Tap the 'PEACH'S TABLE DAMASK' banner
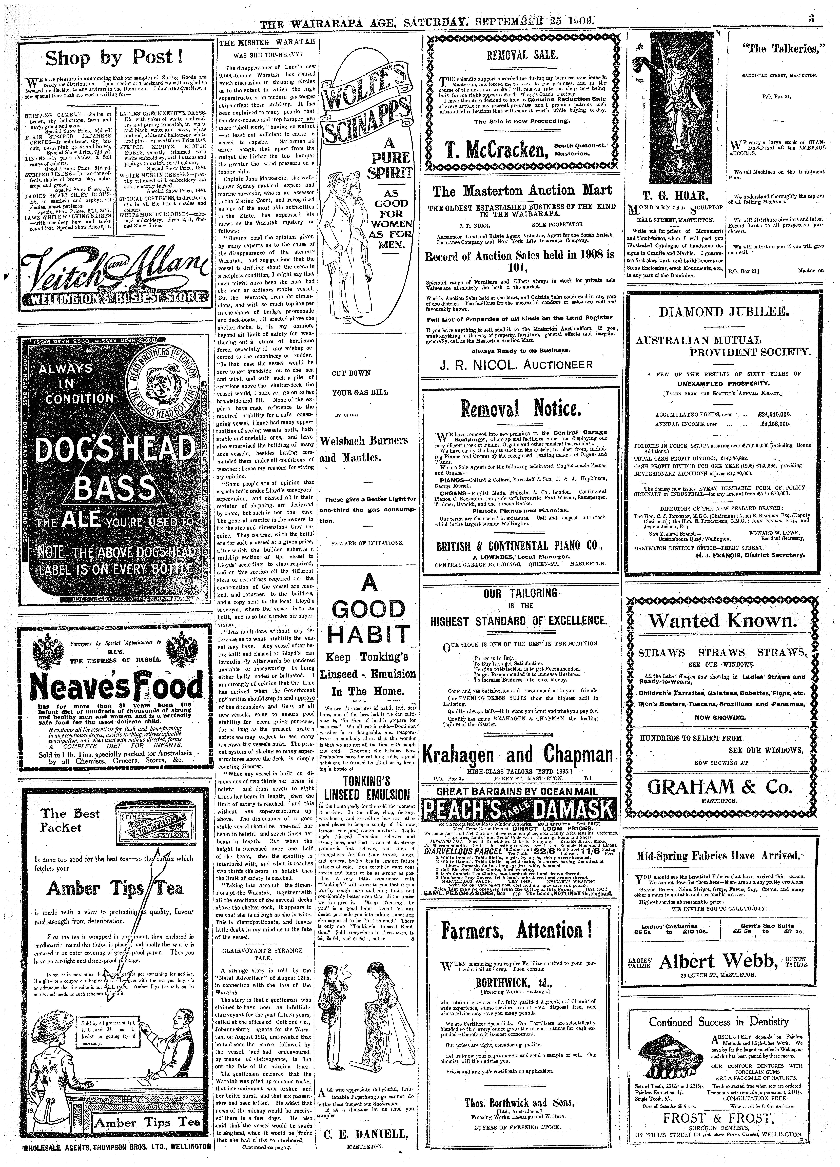pos(518,810)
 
